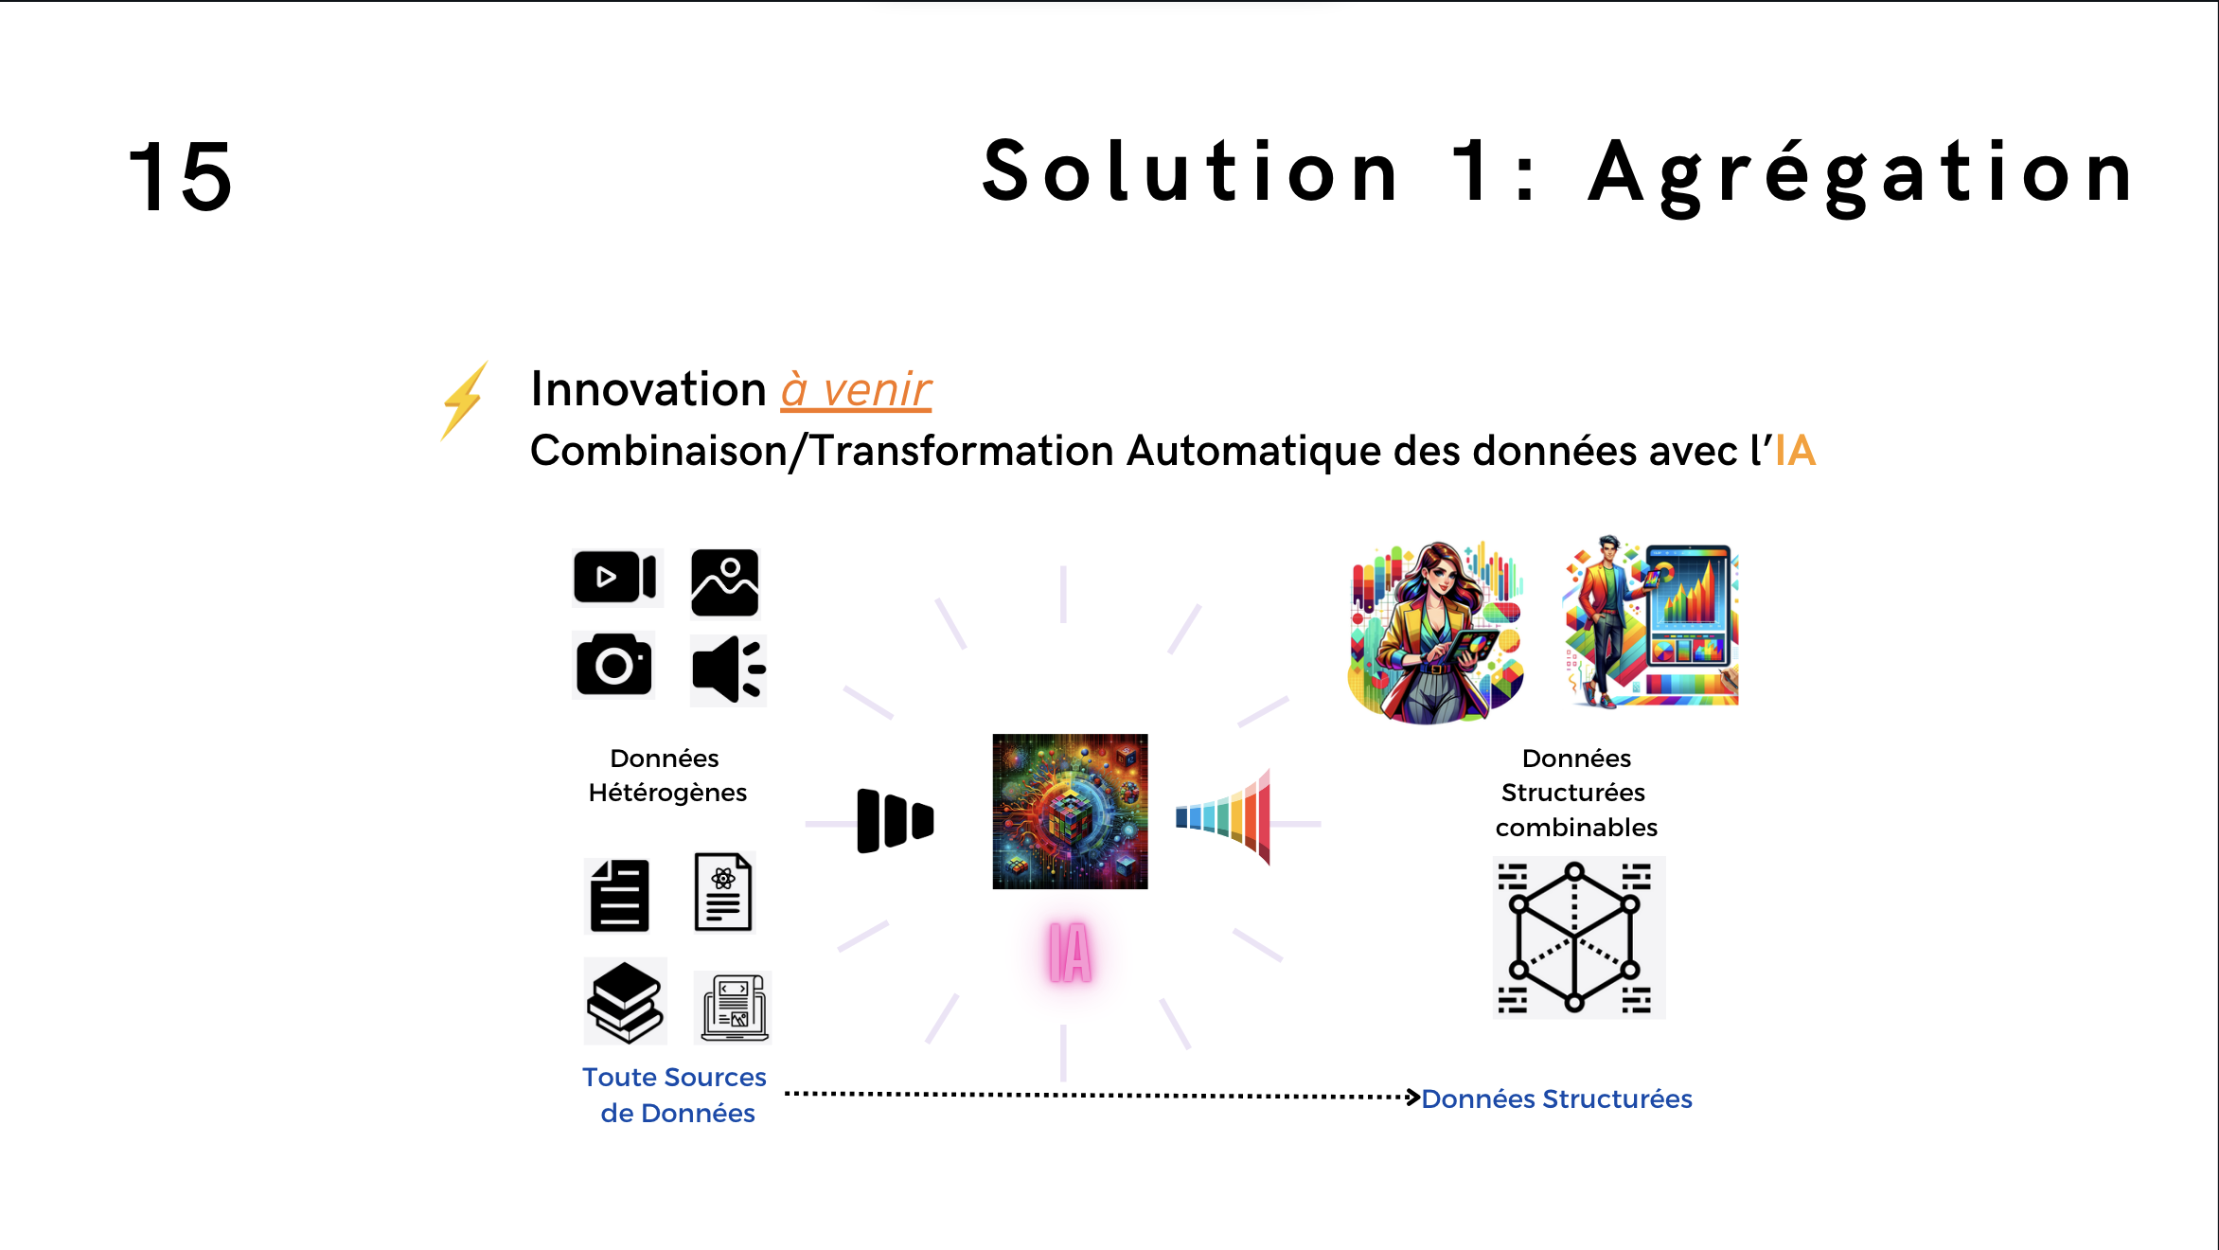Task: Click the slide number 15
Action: (180, 176)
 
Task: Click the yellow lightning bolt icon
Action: (465, 401)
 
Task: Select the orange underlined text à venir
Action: (856, 390)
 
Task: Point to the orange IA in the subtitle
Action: (1795, 451)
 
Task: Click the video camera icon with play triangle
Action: (615, 577)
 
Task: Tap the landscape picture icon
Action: (725, 582)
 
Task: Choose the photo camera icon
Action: (614, 664)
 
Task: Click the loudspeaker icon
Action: (728, 670)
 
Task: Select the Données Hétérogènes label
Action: (666, 775)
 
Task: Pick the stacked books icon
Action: (625, 1002)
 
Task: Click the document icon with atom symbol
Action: (723, 892)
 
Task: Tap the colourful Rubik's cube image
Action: (1070, 812)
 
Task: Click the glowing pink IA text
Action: (1070, 953)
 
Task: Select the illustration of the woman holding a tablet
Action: (1437, 632)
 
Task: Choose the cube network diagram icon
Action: (1578, 937)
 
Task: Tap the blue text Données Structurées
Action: (1556, 1098)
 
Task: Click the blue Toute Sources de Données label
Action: (675, 1095)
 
